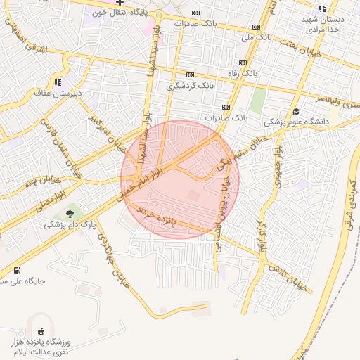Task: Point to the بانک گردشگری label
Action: tap(190, 85)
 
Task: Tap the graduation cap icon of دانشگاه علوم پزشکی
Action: tap(296, 111)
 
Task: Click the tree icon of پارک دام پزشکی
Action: tap(69, 214)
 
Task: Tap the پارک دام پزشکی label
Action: tap(65, 225)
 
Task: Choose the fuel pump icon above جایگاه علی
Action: tap(17, 270)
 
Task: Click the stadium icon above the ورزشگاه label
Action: tap(40, 331)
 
